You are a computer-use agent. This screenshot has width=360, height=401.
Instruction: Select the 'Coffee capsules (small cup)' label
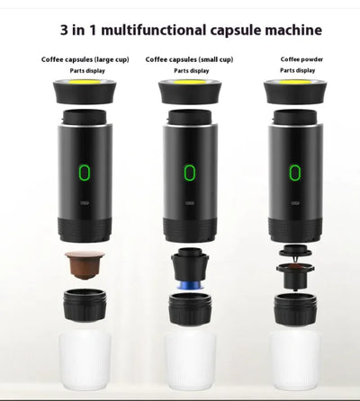point(190,59)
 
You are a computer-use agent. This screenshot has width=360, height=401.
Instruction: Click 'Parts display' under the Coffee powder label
point(297,70)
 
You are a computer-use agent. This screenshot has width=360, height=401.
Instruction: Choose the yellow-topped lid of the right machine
point(293,90)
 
